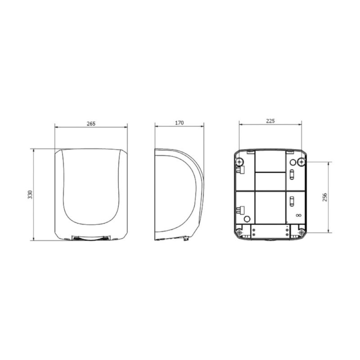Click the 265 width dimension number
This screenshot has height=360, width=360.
(91, 123)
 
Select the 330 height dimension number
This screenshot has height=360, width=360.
(30, 194)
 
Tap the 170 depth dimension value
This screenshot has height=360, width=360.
(179, 123)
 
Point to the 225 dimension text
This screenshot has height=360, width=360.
(270, 121)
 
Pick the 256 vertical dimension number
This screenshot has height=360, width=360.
(324, 197)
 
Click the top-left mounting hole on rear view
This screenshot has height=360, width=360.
(239, 162)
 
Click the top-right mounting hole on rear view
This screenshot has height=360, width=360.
(301, 162)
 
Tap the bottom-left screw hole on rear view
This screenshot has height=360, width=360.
(239, 233)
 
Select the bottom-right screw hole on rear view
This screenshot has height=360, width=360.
(301, 233)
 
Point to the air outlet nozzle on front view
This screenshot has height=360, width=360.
(91, 238)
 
